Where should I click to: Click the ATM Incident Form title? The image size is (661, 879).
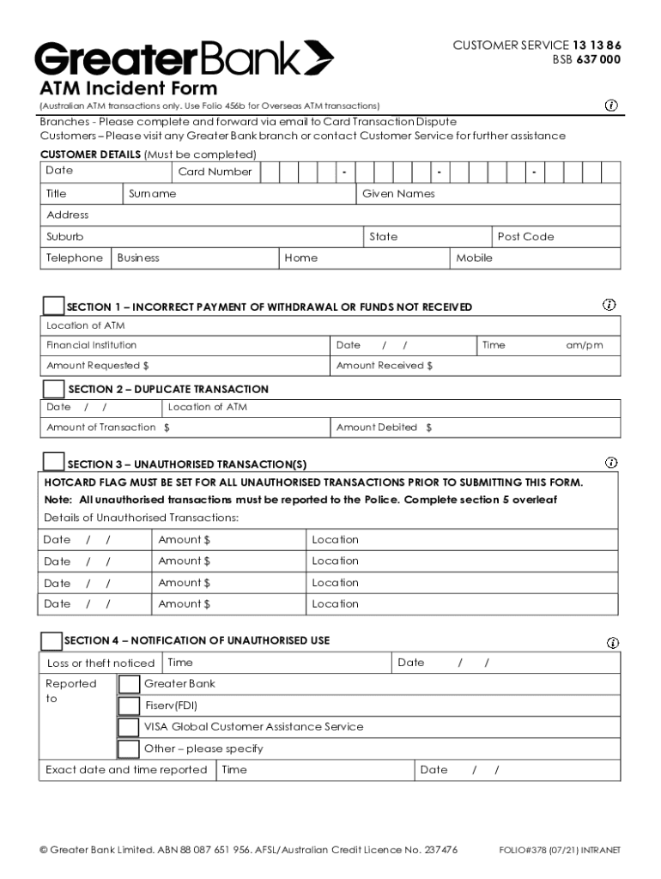[x=129, y=88]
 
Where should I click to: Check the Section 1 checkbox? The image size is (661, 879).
[x=53, y=306]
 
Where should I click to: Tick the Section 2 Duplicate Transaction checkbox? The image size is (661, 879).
[x=53, y=389]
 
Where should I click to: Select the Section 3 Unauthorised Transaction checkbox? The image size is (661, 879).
[x=53, y=463]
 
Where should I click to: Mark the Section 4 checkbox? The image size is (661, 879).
[x=52, y=640]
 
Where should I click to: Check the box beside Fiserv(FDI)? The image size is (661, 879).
[x=129, y=706]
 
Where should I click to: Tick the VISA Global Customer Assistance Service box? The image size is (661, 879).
[x=129, y=727]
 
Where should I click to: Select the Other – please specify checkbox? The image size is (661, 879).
[x=129, y=749]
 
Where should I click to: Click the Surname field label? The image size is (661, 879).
[x=152, y=194]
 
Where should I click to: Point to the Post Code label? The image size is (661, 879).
[x=525, y=237]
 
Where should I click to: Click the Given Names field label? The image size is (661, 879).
[x=398, y=194]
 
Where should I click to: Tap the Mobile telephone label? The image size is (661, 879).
[x=474, y=258]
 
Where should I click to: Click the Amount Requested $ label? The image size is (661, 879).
[x=98, y=366]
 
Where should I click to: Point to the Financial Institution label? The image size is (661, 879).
[x=91, y=345]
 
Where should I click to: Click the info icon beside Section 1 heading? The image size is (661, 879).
[x=609, y=305]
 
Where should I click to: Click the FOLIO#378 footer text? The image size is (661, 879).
[x=559, y=851]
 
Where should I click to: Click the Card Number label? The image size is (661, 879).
[x=215, y=172]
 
